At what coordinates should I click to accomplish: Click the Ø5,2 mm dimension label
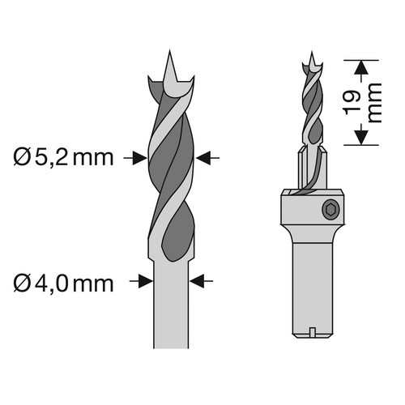(63, 158)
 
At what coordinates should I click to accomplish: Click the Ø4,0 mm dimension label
(63, 283)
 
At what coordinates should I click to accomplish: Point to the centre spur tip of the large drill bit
(169, 50)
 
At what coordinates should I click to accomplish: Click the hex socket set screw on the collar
(330, 210)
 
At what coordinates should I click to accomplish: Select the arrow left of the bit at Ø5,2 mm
(135, 158)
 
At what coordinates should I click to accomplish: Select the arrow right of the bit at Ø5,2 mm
(207, 158)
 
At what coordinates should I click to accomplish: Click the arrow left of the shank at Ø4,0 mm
(141, 281)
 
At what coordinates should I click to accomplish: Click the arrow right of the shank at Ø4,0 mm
(201, 281)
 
